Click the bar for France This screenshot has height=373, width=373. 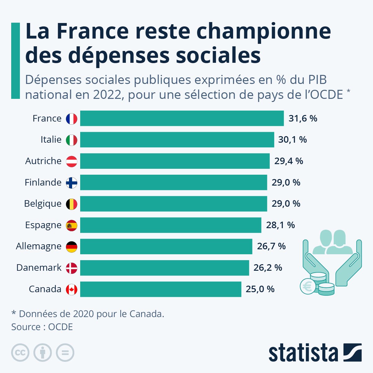click(182, 118)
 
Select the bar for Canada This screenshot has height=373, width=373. click(161, 289)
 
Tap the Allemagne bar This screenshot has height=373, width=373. click(166, 246)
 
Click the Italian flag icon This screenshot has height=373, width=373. click(71, 140)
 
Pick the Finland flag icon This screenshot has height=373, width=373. click(71, 182)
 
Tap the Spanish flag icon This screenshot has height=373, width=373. click(71, 225)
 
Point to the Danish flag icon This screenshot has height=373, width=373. click(71, 268)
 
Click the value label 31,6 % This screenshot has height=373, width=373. click(303, 118)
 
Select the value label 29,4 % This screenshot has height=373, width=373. click(288, 161)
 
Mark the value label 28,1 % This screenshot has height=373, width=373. click(280, 225)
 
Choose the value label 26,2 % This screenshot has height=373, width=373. click(268, 268)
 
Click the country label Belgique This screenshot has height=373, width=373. click(43, 204)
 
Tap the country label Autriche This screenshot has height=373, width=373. click(43, 161)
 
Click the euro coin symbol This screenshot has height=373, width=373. click(308, 286)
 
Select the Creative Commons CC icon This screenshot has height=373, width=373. click(20, 353)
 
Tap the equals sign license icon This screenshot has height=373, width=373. click(65, 353)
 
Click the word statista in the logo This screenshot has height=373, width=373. click(303, 353)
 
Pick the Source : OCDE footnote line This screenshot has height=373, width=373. click(42, 327)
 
